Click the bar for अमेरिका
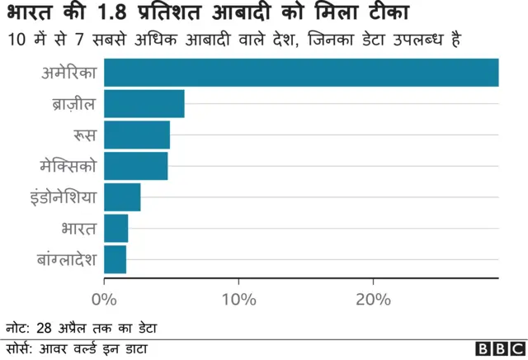pos(301,73)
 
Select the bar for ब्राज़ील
pos(144,104)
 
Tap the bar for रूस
pos(137,135)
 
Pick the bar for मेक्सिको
pos(136,166)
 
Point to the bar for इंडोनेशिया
pos(122,197)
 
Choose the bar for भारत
pos(116,228)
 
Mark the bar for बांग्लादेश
pos(115,259)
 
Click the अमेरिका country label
pos(69,73)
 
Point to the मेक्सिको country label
pos(68,166)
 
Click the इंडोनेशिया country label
pos(62,197)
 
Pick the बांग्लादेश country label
pos(66,259)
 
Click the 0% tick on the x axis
pos(105,300)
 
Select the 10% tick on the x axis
pos(238,300)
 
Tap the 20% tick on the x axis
pos(372,300)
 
